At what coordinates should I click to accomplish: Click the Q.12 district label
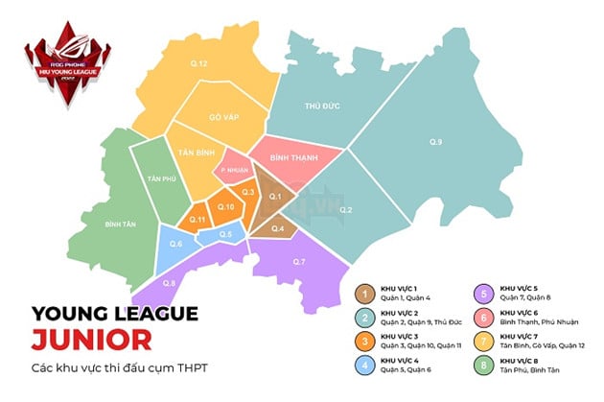(198, 63)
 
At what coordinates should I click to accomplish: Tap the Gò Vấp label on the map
(221, 118)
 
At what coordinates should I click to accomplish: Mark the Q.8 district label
(170, 283)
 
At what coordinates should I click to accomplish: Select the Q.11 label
(198, 220)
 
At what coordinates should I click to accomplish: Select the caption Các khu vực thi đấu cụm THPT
(119, 368)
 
